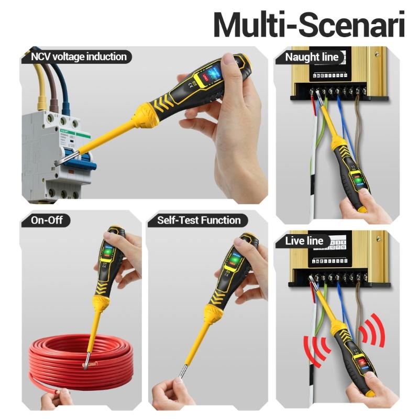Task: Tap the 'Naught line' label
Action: pyautogui.click(x=312, y=57)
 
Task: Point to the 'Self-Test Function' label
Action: pyautogui.click(x=199, y=220)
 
